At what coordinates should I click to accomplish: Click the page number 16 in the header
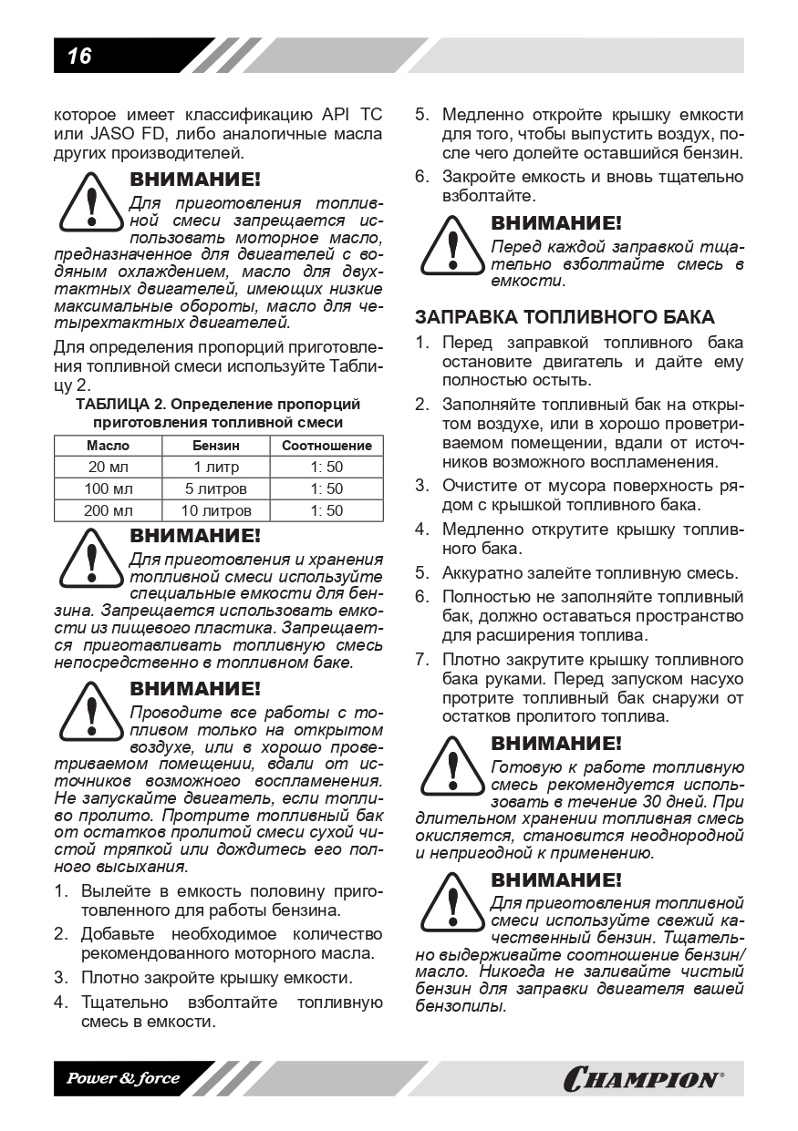(79, 57)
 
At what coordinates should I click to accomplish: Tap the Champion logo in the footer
(643, 1080)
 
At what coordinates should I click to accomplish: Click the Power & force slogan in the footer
(122, 1078)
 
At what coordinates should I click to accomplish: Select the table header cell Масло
(108, 446)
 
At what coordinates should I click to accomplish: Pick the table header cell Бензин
(216, 446)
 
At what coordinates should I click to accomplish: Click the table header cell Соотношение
(326, 446)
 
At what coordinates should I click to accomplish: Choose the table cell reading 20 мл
(108, 468)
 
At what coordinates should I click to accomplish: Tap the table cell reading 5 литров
(216, 489)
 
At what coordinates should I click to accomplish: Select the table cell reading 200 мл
(108, 511)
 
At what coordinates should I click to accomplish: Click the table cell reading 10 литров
(216, 511)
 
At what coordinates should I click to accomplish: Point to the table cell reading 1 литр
(216, 468)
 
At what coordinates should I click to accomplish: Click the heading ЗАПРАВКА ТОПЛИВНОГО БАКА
(565, 317)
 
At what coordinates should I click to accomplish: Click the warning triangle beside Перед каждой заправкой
(451, 246)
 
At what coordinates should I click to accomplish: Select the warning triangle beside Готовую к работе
(451, 766)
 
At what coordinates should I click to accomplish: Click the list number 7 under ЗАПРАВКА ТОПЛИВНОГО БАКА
(421, 659)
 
